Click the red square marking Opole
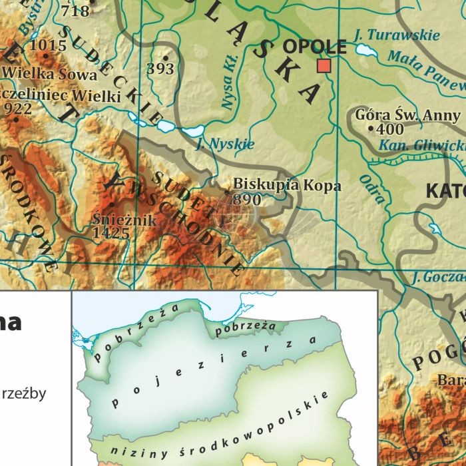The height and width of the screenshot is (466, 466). coord(324,65)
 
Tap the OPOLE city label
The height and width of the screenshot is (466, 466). coord(314,47)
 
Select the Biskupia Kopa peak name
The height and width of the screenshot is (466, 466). coord(287,185)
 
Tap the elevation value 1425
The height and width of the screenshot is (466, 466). coord(111,232)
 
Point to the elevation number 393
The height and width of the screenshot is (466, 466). coord(160,69)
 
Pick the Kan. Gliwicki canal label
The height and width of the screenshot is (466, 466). coord(421,145)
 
